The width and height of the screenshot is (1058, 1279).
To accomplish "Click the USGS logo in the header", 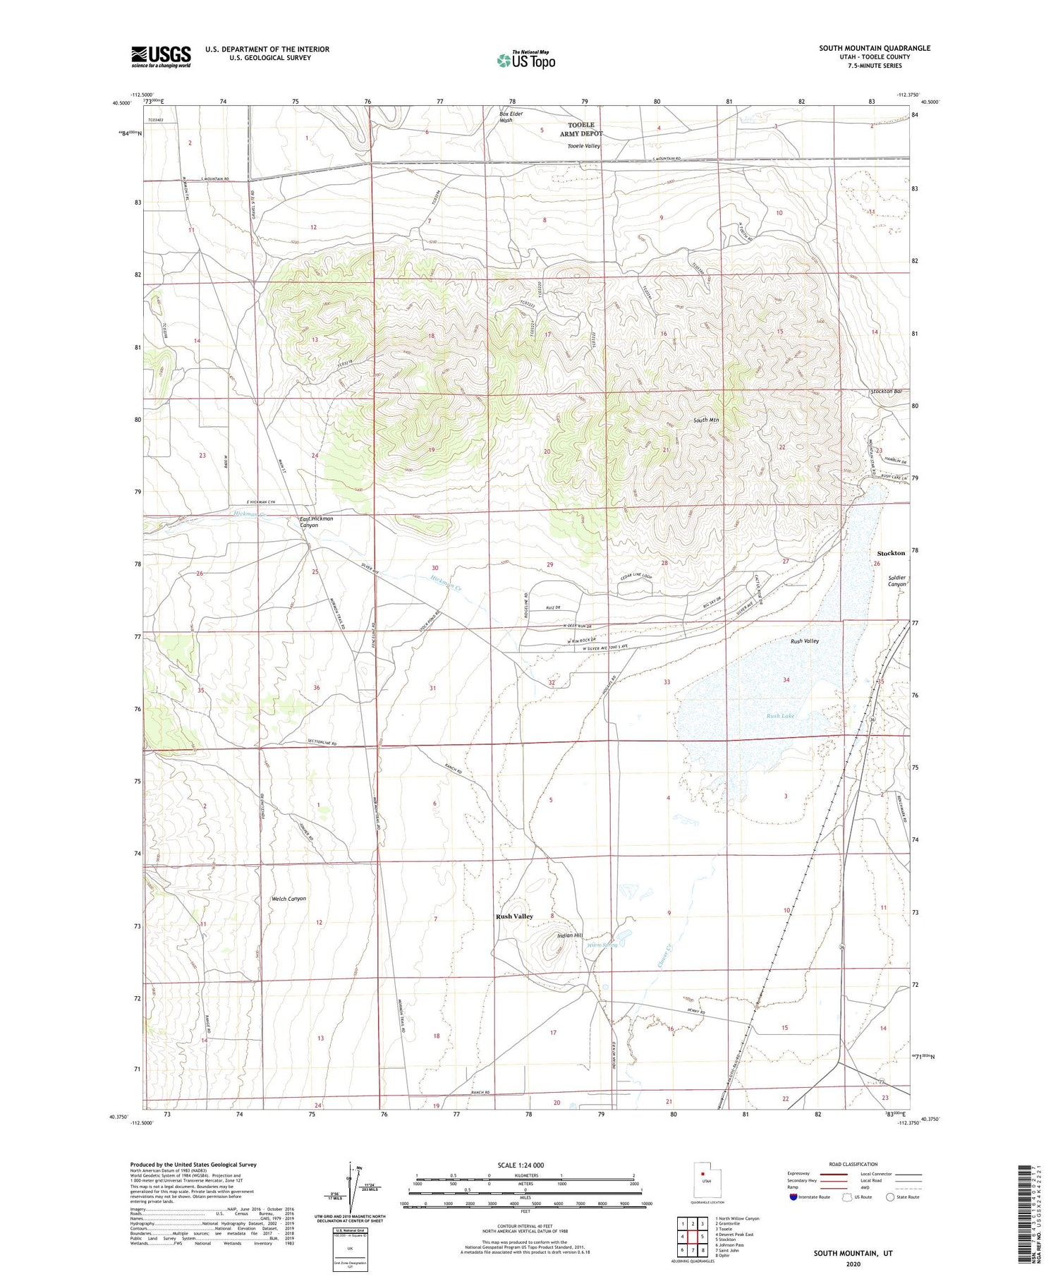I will pos(161,56).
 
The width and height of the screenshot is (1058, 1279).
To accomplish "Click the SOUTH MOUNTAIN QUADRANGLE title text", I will pos(874,48).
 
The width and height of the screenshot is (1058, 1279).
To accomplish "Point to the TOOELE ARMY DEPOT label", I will pos(582,129).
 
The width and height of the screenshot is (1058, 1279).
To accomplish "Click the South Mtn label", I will pos(705,420).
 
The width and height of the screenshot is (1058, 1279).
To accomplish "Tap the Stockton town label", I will pos(891,553).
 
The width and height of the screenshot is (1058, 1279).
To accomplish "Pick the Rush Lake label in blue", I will pos(780,716).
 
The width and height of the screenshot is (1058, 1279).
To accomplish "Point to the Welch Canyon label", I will pos(288,899).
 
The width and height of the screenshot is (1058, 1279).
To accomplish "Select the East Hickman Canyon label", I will pos(315,521).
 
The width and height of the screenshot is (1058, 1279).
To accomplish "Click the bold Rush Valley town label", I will pos(514,916).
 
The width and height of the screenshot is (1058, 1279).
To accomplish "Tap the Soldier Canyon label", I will pos(896,581).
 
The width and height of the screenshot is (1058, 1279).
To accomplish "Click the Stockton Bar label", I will pos(887,392).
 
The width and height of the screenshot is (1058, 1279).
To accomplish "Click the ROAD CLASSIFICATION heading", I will pos(853,1164).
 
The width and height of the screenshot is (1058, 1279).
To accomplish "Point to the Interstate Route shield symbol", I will pos(793,1197).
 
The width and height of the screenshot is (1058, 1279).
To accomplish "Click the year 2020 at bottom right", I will pos(853,1263).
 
